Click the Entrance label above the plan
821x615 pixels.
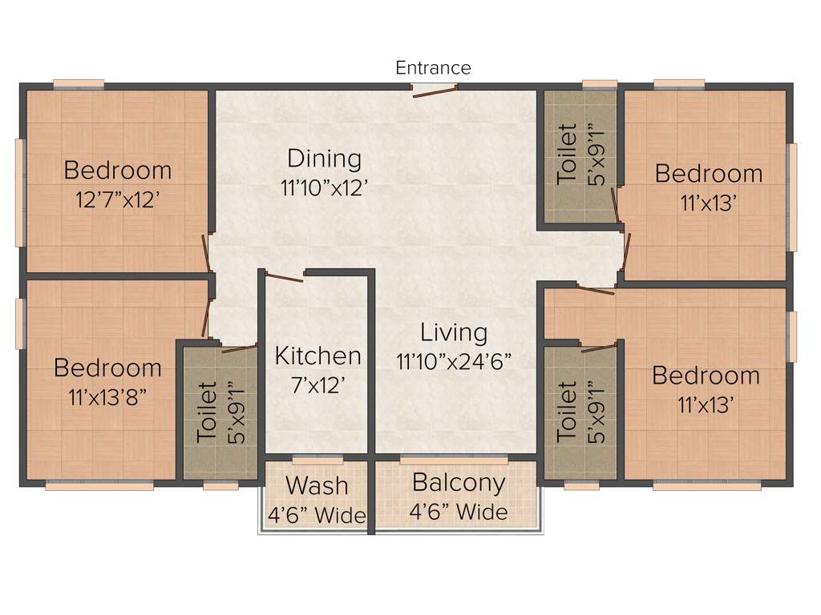[433, 68]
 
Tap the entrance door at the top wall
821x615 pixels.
[434, 90]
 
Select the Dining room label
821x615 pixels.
[324, 159]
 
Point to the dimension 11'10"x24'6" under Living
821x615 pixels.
[454, 360]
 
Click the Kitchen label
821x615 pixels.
[317, 356]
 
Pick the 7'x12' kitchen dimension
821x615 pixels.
[317, 385]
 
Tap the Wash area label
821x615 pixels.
[317, 485]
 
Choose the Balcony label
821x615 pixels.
[459, 483]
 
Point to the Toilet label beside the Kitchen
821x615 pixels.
[208, 412]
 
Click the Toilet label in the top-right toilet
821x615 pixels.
[567, 154]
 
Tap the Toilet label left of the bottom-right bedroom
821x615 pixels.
[567, 412]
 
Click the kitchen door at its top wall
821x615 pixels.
[284, 277]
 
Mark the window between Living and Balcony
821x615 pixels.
[454, 460]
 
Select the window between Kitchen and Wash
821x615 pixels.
[317, 460]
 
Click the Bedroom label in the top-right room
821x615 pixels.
[708, 174]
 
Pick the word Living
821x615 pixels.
[454, 332]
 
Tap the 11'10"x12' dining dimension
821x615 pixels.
[324, 188]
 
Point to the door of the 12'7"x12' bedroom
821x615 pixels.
[206, 253]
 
